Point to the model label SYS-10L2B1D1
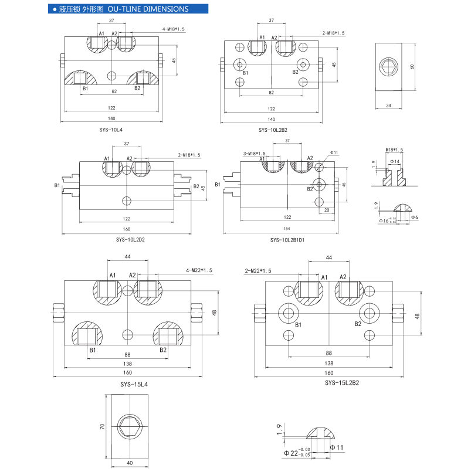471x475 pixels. click(287, 239)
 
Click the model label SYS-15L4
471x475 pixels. click(134, 384)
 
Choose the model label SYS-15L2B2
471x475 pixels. click(341, 382)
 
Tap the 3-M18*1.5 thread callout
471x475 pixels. click(254, 154)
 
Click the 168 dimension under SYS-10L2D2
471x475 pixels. click(127, 229)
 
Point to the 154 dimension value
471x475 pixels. click(287, 229)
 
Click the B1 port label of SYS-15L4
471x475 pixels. click(92, 350)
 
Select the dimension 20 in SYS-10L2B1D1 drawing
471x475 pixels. click(326, 210)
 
